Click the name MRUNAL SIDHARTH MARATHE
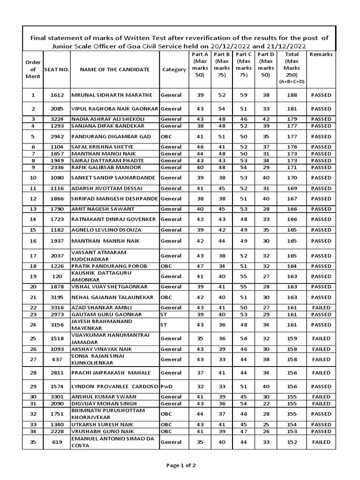[112, 95]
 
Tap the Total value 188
[292, 95]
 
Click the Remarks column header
[321, 54]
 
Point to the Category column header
[174, 70]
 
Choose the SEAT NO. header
[56, 70]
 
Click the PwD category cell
[166, 386]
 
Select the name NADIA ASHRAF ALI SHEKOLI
[108, 119]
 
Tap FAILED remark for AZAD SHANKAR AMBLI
[321, 307]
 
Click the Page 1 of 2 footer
[181, 465]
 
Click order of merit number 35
[33, 442]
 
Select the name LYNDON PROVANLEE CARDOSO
[114, 386]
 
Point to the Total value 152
[292, 442]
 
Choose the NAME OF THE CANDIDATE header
[115, 70]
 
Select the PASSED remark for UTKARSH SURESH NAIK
[321, 424]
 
